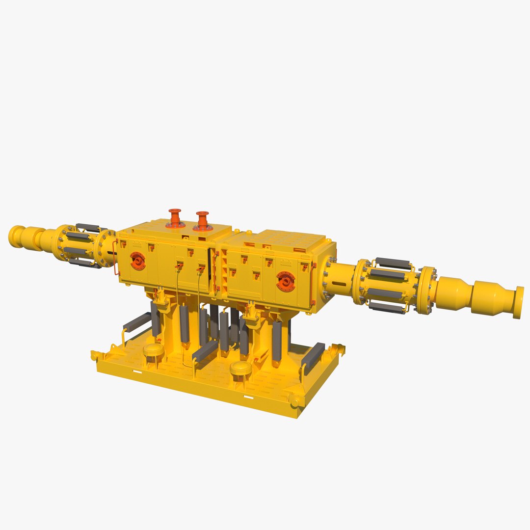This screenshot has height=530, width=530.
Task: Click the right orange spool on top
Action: pyautogui.click(x=202, y=221)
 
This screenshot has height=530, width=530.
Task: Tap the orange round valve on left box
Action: pyautogui.click(x=137, y=260)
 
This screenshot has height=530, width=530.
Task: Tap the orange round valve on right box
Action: pyautogui.click(x=285, y=280)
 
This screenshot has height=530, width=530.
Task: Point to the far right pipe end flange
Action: pyautogui.click(x=518, y=302)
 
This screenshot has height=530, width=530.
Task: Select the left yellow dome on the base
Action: pyautogui.click(x=153, y=349)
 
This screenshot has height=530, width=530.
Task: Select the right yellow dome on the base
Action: pyautogui.click(x=240, y=368)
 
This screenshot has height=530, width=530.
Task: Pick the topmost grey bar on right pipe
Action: pyautogui.click(x=393, y=263)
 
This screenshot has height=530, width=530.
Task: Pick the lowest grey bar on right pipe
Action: pyautogui.click(x=387, y=307)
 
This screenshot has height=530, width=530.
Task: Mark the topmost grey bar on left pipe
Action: pyautogui.click(x=87, y=227)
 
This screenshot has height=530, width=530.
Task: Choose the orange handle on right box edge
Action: pyautogui.click(x=313, y=285)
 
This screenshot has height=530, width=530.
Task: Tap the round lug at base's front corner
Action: pyautogui.click(x=294, y=403)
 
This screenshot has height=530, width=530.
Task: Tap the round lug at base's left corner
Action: pyautogui.click(x=95, y=355)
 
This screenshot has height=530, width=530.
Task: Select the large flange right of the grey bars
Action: pyautogui.click(x=425, y=291)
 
